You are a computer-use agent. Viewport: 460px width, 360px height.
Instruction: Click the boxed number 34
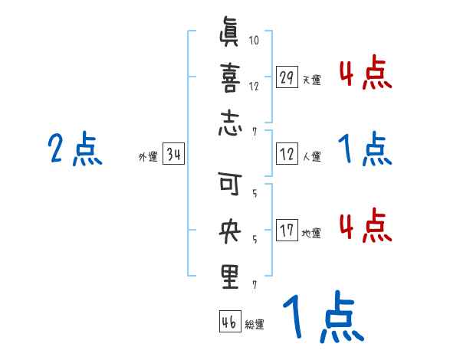click(x=173, y=155)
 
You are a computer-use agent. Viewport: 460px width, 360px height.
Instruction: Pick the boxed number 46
click(x=229, y=322)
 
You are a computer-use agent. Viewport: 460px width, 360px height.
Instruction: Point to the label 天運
click(x=311, y=80)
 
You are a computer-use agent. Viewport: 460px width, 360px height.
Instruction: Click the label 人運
click(x=311, y=157)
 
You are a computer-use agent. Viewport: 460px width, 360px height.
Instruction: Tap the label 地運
click(x=311, y=233)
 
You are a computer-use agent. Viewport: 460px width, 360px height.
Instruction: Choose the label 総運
click(x=254, y=325)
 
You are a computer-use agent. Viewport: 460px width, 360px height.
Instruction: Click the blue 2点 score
click(x=74, y=149)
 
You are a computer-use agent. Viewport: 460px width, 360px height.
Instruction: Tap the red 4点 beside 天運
click(x=365, y=74)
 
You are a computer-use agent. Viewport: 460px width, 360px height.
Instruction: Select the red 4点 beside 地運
click(x=365, y=226)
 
